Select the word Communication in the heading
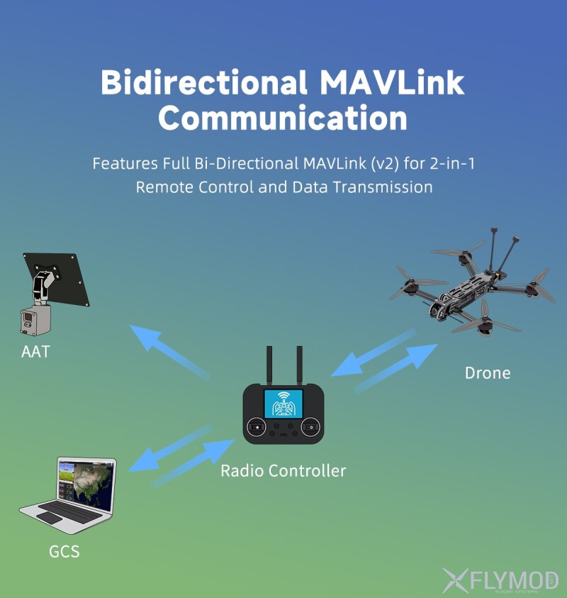coord(282,118)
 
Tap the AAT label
coord(35,350)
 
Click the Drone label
coord(487,372)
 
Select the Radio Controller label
coord(283,470)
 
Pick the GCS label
coord(64,551)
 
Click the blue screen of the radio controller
coord(283,404)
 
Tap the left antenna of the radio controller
coord(269,365)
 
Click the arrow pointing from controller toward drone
coord(397,367)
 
